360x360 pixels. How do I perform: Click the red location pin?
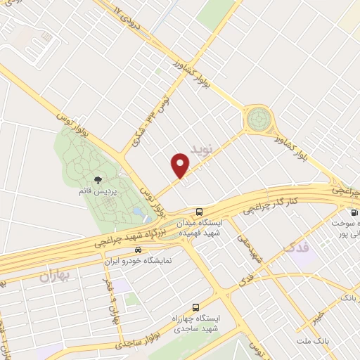click(x=181, y=165)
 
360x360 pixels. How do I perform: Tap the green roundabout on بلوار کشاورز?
click(x=258, y=119)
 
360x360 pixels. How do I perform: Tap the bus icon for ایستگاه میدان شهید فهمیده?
click(x=200, y=211)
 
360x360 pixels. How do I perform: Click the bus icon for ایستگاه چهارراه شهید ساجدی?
click(x=195, y=307)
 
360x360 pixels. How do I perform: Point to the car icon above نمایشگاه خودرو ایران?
click(x=138, y=250)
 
